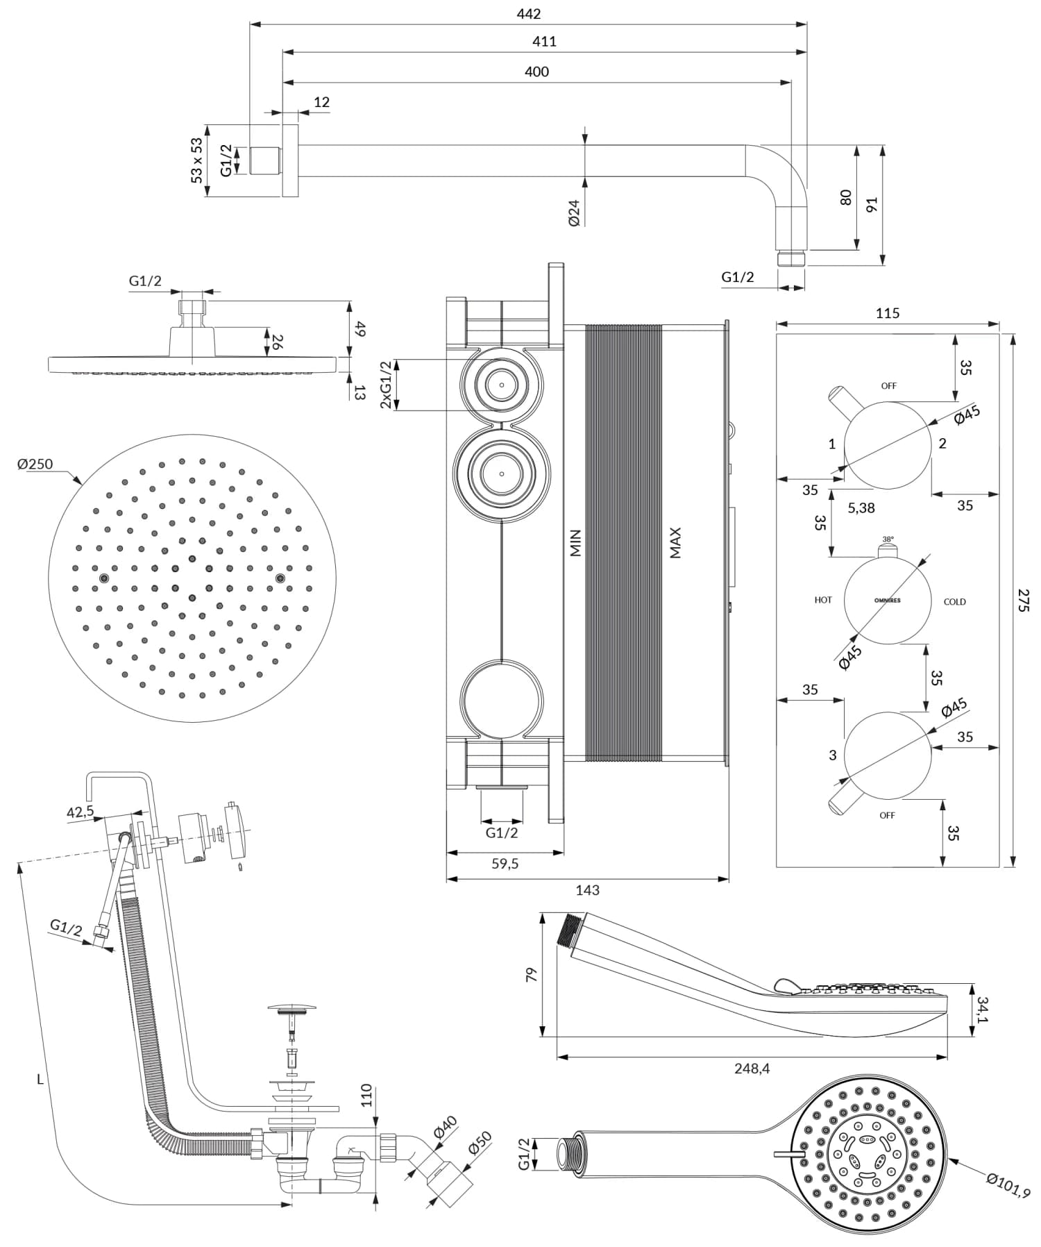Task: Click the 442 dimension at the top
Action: (x=529, y=14)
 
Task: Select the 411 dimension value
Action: (x=544, y=42)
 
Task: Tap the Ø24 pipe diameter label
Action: (x=574, y=212)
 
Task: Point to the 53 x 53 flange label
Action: (x=197, y=160)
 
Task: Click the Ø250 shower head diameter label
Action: (x=35, y=464)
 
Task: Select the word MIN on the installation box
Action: (x=576, y=542)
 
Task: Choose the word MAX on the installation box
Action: (x=675, y=542)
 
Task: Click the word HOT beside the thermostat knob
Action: (x=823, y=600)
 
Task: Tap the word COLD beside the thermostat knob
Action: (x=954, y=602)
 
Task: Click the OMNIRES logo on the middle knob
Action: (x=888, y=600)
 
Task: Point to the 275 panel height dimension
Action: (x=1022, y=600)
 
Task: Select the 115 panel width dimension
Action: (x=887, y=313)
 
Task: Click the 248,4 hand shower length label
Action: (x=752, y=1069)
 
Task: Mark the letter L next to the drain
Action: (x=40, y=1080)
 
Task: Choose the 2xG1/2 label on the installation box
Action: (x=387, y=384)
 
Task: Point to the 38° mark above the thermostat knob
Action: (x=888, y=539)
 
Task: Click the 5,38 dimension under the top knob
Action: (x=861, y=508)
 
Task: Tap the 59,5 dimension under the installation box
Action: (x=505, y=864)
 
